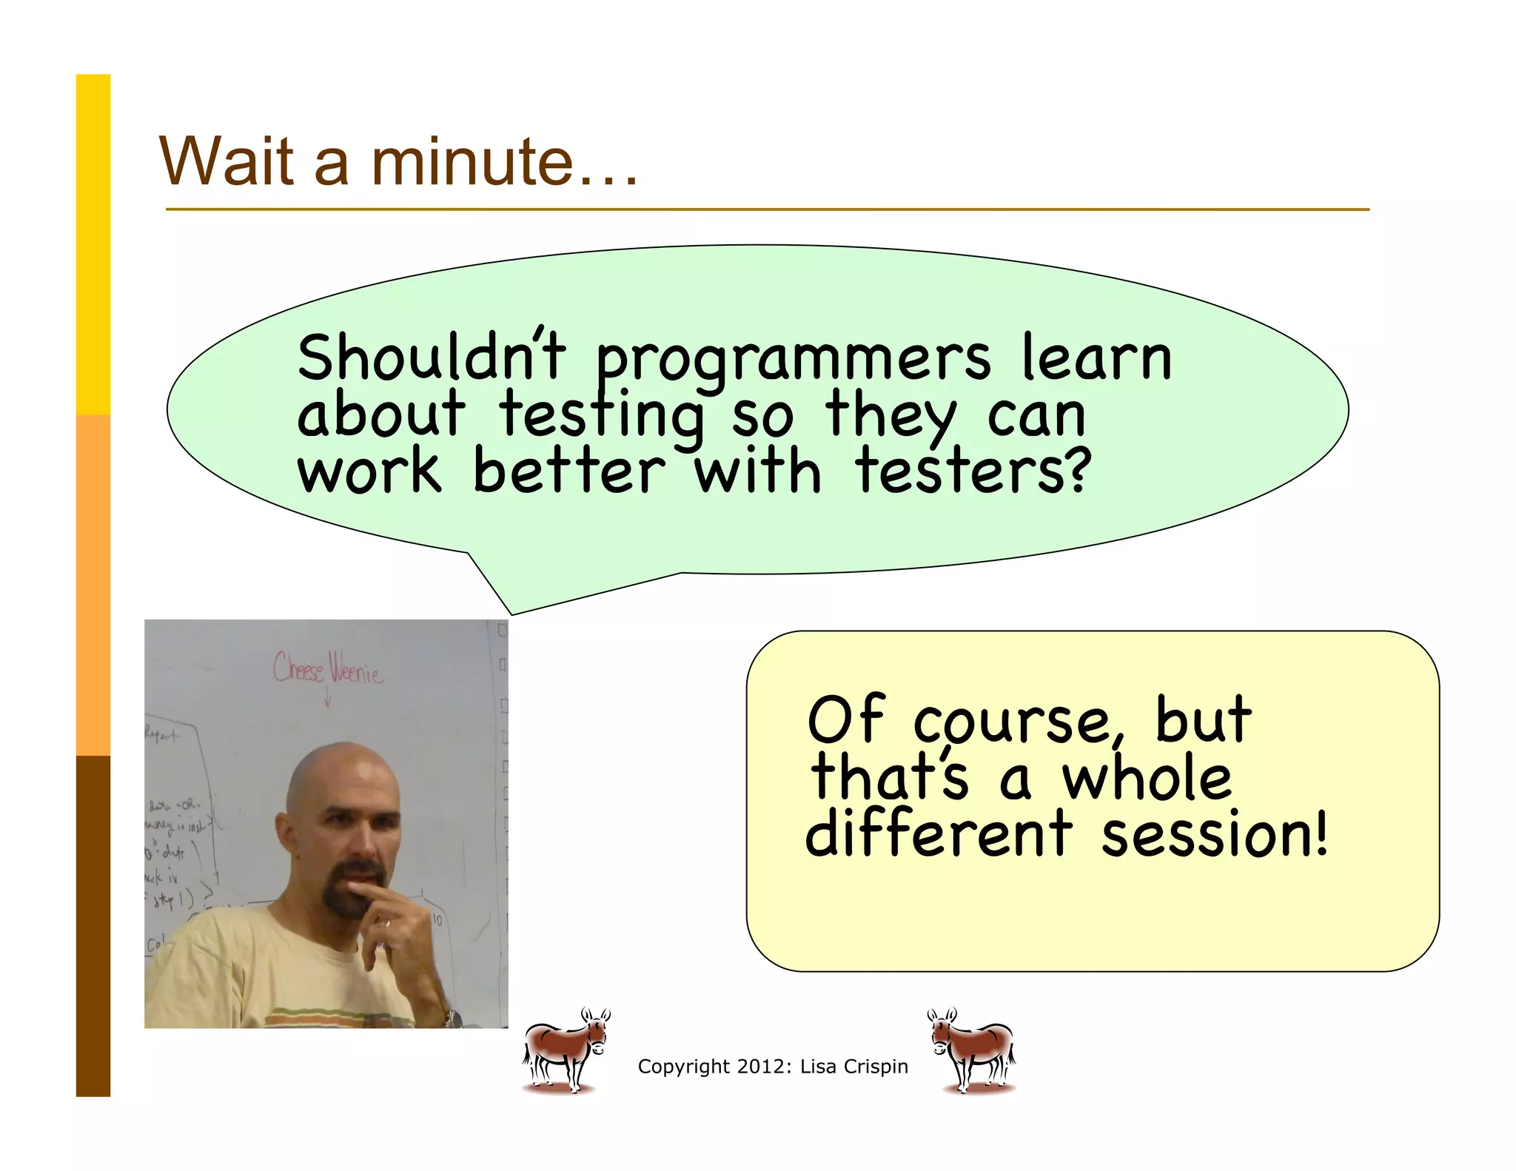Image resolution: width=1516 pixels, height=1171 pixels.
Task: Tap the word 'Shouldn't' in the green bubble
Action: [x=432, y=358]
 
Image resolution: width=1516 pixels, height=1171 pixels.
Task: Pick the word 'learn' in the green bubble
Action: [x=1097, y=358]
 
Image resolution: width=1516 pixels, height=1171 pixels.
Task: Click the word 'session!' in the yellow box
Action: [x=1215, y=834]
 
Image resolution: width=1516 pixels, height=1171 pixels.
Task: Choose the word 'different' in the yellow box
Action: [x=939, y=834]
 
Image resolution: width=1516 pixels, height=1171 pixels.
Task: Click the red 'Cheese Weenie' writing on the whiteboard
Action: [x=328, y=668]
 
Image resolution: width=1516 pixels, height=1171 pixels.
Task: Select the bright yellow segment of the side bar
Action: [x=93, y=244]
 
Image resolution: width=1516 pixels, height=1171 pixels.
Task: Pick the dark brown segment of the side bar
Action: [x=93, y=925]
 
